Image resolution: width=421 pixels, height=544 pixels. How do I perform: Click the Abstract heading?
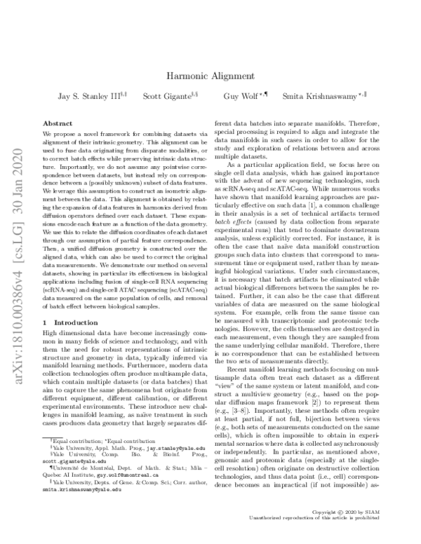pyautogui.click(x=58, y=123)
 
